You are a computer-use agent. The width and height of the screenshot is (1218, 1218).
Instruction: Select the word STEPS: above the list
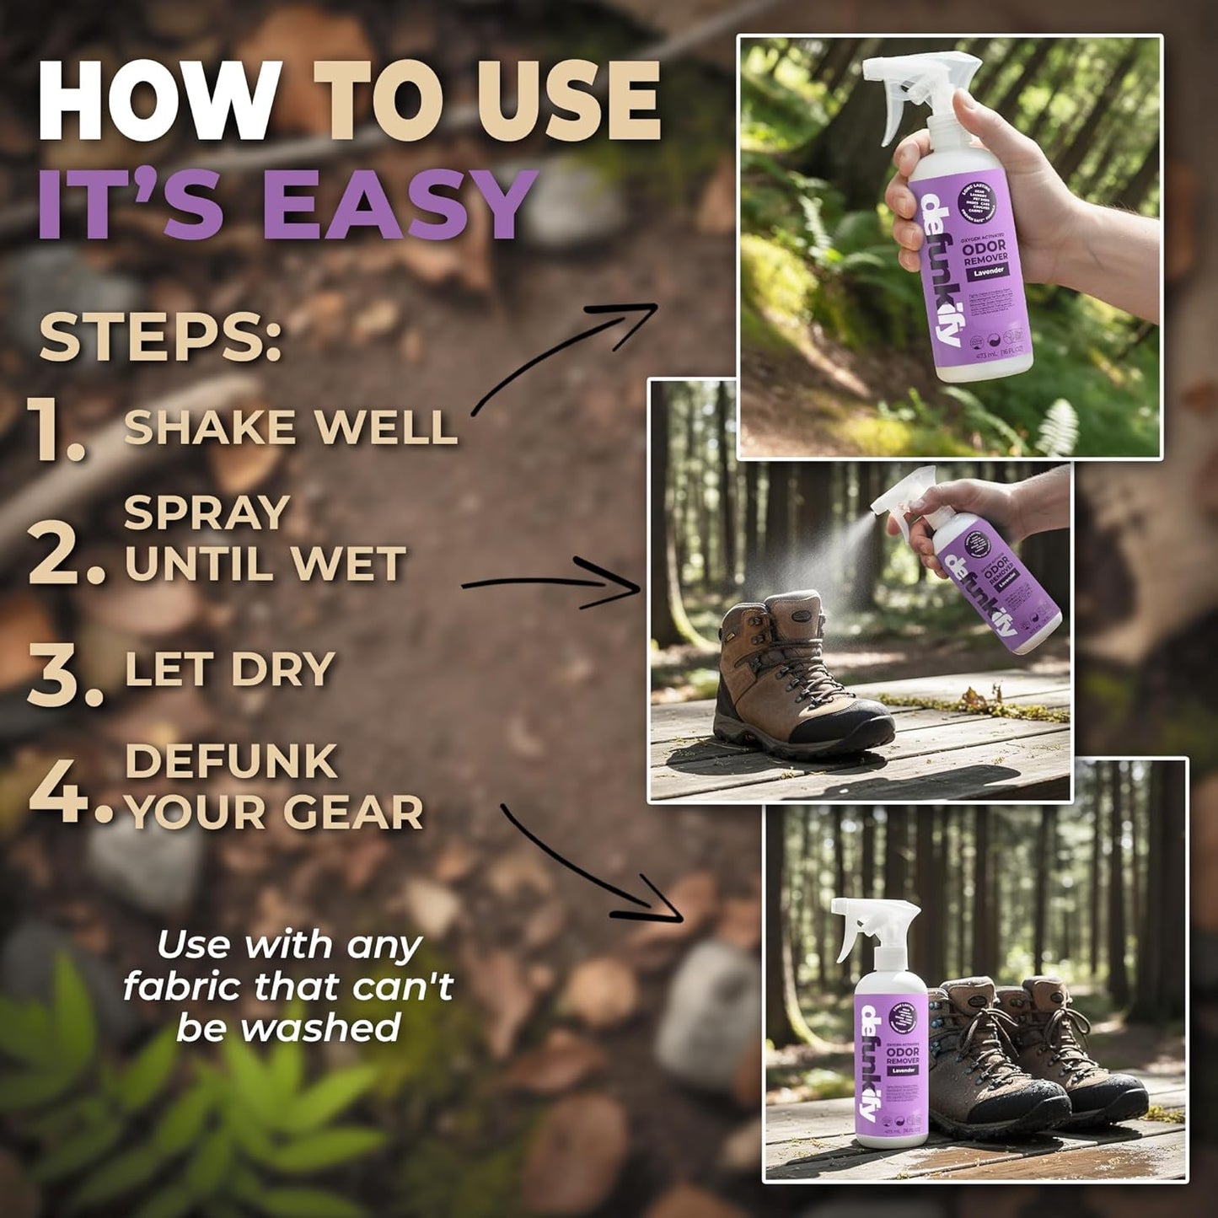[160, 338]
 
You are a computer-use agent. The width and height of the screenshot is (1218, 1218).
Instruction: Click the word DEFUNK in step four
[231, 762]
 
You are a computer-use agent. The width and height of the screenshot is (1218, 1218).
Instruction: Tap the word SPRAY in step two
[207, 512]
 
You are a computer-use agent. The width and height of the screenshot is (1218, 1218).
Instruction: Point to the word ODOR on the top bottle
[985, 245]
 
